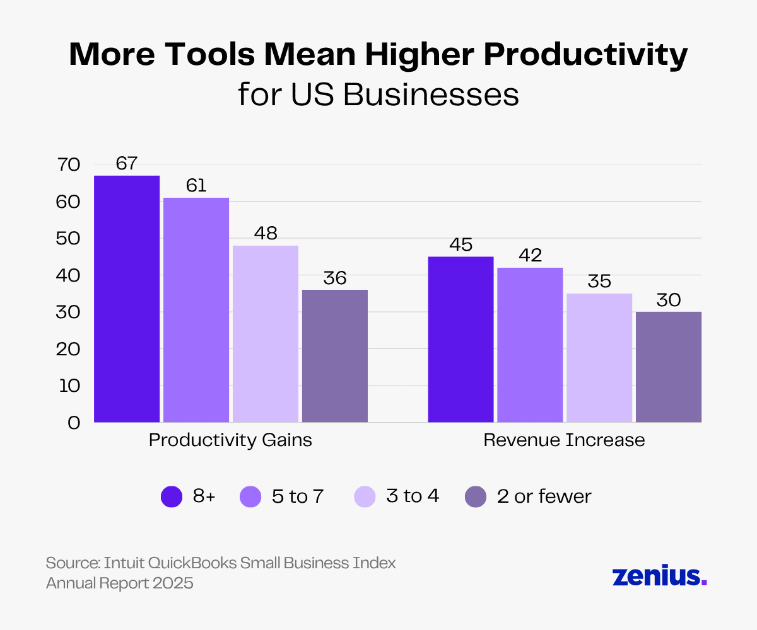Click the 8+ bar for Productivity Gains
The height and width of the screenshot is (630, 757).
pos(127,299)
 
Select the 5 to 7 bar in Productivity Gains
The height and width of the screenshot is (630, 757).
pos(196,309)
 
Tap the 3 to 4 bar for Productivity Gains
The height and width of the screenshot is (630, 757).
pos(266,333)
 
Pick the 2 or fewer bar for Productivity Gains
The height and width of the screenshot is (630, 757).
pos(335,355)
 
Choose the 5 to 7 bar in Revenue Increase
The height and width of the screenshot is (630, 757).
pos(530,345)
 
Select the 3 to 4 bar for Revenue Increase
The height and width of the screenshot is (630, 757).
pos(599,357)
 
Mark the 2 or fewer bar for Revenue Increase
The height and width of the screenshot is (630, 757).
pos(669,367)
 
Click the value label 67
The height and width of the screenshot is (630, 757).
pos(127,163)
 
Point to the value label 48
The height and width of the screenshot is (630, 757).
pos(266,233)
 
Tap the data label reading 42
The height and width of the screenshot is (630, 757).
pos(530,255)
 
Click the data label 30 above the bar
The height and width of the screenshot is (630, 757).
pos(669,300)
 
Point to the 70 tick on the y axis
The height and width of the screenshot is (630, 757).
pos(69,165)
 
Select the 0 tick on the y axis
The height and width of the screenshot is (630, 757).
pos(74,423)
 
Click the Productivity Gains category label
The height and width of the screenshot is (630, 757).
pos(230,440)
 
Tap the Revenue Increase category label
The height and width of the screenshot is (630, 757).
pos(564,440)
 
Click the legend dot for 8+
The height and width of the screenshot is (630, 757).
pos(172,496)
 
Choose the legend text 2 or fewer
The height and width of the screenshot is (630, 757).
pos(544,496)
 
